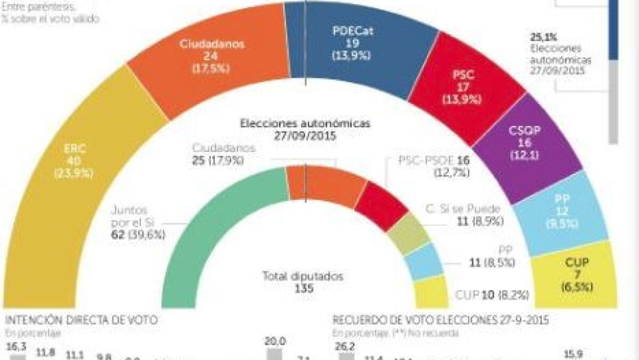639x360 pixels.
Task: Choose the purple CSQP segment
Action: click(x=525, y=144)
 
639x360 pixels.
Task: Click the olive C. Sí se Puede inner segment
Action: click(x=408, y=234)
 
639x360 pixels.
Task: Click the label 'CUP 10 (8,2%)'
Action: click(x=492, y=294)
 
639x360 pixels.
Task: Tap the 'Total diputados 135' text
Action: click(x=303, y=282)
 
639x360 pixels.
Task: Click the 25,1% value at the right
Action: click(x=543, y=37)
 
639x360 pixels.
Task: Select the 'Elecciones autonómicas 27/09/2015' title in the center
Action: click(x=305, y=129)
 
